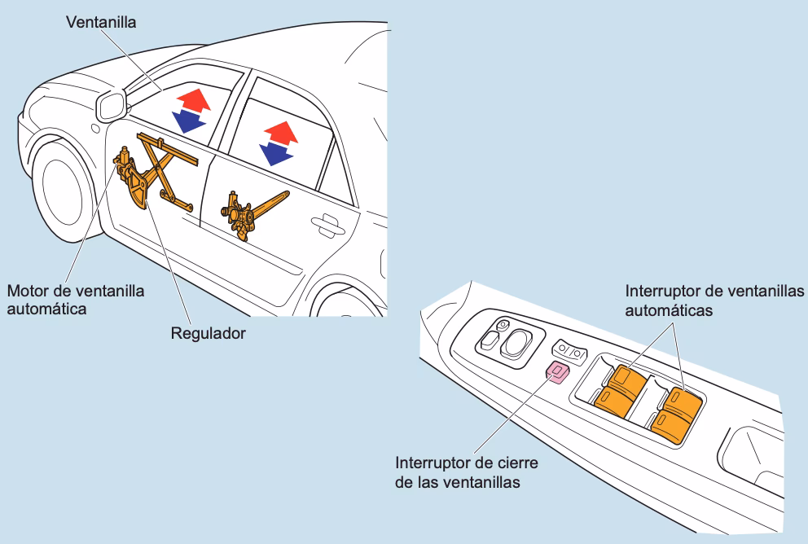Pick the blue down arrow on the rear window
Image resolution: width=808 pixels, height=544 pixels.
(x=275, y=153)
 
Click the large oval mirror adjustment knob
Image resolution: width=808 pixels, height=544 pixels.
(x=517, y=344)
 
